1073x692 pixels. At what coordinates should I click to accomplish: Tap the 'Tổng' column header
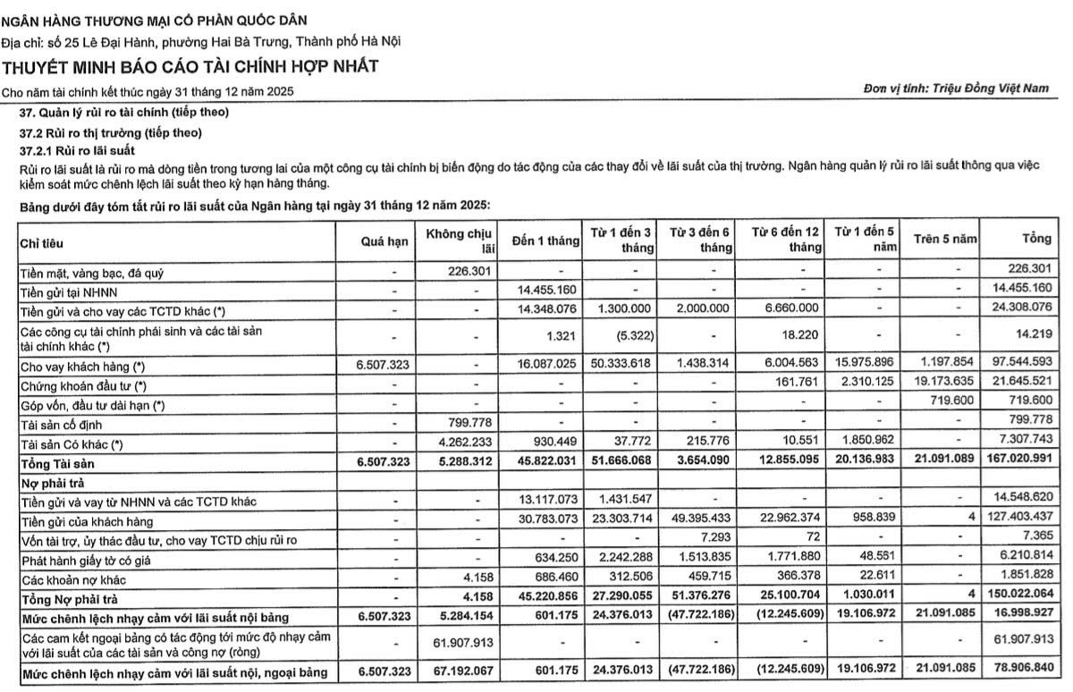coord(1035,240)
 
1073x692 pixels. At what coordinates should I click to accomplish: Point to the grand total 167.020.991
coord(1017,463)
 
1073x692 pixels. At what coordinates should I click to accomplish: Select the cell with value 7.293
coord(717,540)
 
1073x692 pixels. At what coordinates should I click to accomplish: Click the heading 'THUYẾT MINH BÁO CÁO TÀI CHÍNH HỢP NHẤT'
coord(190,67)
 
